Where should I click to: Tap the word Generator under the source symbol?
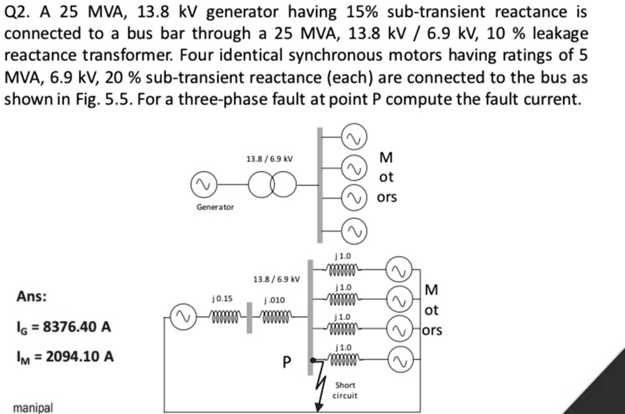pyautogui.click(x=215, y=207)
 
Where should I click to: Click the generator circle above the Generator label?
pyautogui.click(x=203, y=185)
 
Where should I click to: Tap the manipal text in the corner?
pyautogui.click(x=33, y=408)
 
